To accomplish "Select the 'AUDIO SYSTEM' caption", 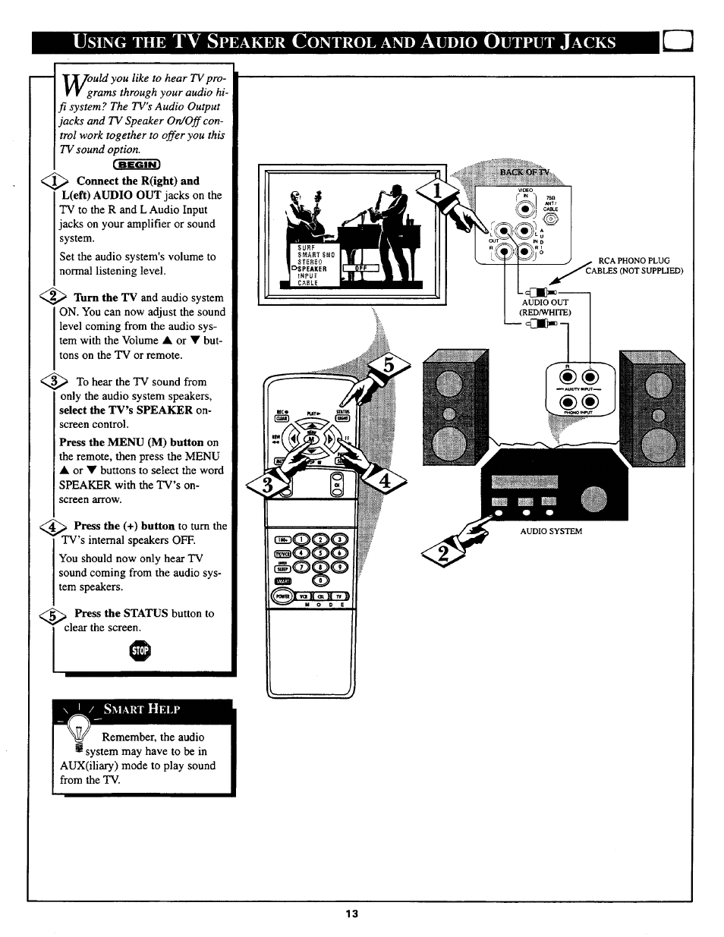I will (550, 531).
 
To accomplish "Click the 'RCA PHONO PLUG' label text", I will (634, 260).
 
